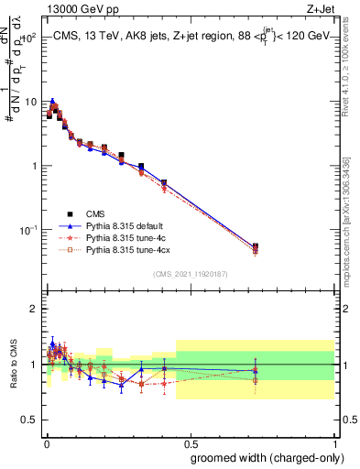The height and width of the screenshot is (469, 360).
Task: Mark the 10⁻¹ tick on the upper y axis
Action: pos(28,229)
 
